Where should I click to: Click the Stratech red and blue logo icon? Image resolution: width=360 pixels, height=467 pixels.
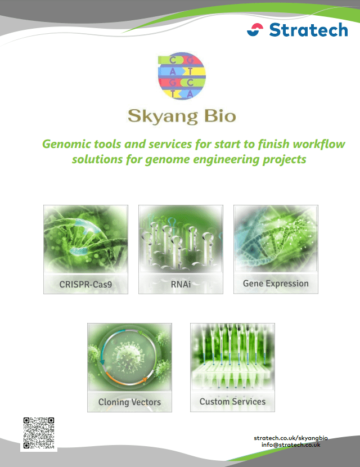(255, 30)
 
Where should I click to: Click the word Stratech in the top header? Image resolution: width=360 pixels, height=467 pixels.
(308, 30)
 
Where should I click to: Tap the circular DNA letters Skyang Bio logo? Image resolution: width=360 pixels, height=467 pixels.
(182, 76)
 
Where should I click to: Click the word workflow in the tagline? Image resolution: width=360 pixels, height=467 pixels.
(319, 144)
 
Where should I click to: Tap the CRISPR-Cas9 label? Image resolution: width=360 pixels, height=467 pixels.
(85, 284)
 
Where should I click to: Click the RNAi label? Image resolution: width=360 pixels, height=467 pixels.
(181, 284)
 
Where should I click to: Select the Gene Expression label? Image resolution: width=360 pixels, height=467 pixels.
(276, 284)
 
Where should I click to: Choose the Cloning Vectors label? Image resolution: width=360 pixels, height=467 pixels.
(129, 402)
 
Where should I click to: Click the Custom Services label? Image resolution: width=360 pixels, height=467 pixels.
(232, 402)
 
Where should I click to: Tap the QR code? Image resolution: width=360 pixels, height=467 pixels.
(39, 433)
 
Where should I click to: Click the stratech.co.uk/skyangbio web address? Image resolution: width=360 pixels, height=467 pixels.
(291, 438)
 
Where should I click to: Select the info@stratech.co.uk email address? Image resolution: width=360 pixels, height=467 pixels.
(291, 444)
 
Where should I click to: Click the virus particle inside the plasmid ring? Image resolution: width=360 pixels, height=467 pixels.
(128, 357)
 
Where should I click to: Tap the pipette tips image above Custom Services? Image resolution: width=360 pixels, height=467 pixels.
(232, 357)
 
